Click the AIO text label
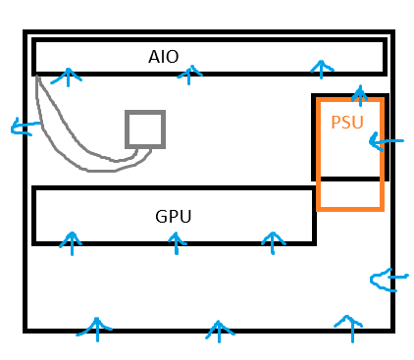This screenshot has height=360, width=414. pyautogui.click(x=163, y=57)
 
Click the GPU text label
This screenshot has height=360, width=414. pyautogui.click(x=173, y=217)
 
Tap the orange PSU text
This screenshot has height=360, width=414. pyautogui.click(x=347, y=123)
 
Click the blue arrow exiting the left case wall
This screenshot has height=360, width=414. pyautogui.click(x=26, y=127)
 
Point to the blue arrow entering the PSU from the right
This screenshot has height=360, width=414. pyautogui.click(x=387, y=141)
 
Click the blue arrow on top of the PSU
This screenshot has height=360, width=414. pyautogui.click(x=360, y=95)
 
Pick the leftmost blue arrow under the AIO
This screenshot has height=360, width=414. pyautogui.click(x=68, y=77)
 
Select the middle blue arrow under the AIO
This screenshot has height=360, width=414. pyautogui.click(x=189, y=75)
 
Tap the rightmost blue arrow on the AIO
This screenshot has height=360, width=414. pyautogui.click(x=322, y=70)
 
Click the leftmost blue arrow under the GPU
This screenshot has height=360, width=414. pyautogui.click(x=72, y=243)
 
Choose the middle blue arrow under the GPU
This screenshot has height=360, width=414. pyautogui.click(x=177, y=243)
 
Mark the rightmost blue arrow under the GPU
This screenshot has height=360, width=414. pyautogui.click(x=273, y=243)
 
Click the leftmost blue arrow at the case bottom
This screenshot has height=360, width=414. pyautogui.click(x=97, y=330)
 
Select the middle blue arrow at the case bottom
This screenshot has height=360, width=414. pyautogui.click(x=219, y=332)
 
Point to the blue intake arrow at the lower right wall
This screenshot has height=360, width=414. pyautogui.click(x=389, y=280)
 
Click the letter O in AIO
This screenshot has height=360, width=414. pyautogui.click(x=172, y=57)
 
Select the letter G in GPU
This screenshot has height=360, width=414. pyautogui.click(x=162, y=217)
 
